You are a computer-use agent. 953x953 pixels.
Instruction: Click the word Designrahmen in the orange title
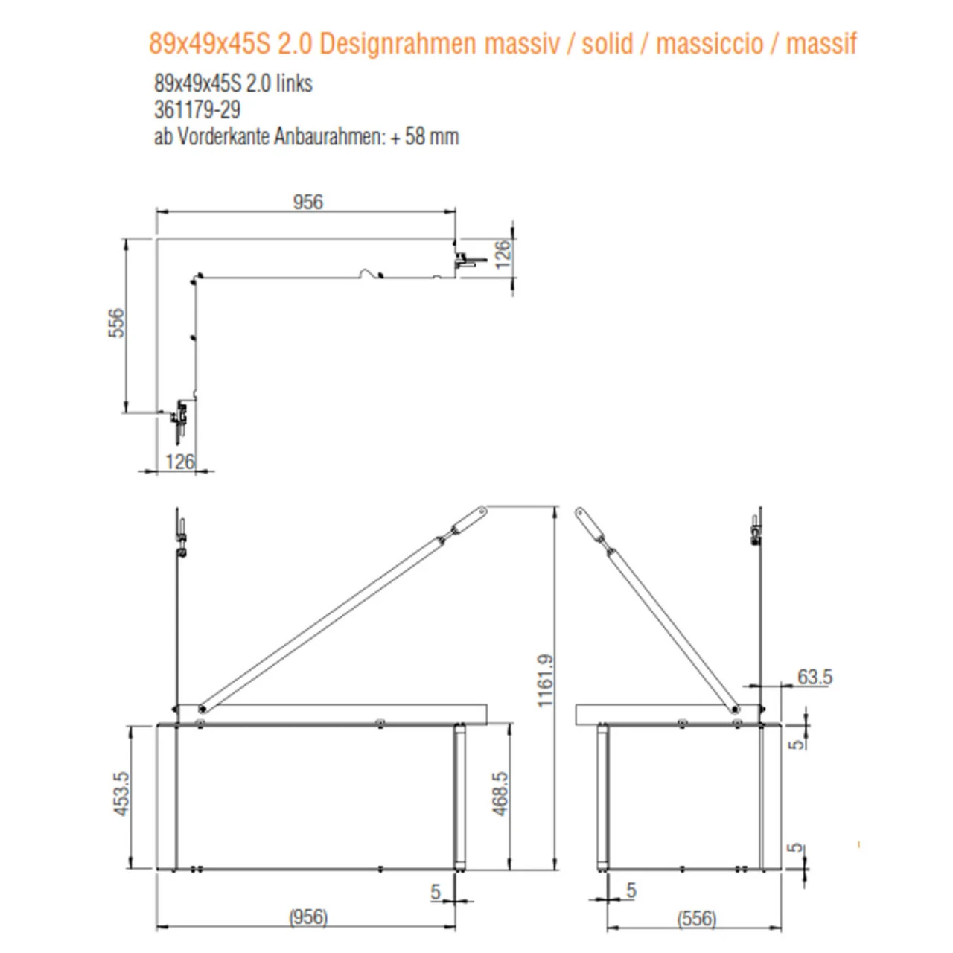[x=398, y=44]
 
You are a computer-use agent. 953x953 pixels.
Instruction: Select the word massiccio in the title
[x=710, y=44]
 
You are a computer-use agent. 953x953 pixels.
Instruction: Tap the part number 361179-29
[x=197, y=110]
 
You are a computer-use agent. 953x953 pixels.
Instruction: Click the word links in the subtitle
[x=293, y=83]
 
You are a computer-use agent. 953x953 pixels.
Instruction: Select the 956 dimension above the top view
[x=307, y=202]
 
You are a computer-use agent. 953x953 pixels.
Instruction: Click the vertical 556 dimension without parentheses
[x=117, y=323]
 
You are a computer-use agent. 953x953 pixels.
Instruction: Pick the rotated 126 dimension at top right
[x=503, y=253]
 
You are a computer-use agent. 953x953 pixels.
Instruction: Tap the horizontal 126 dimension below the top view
[x=179, y=462]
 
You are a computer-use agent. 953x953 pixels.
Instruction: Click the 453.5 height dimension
[x=121, y=793]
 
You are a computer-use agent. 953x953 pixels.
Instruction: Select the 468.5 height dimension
[x=500, y=793]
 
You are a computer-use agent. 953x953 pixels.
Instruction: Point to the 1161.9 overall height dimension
[x=545, y=680]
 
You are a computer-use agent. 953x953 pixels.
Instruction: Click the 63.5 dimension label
[x=815, y=677]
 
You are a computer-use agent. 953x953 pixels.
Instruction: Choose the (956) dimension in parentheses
[x=307, y=917]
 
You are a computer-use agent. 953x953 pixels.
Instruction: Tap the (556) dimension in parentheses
[x=696, y=918]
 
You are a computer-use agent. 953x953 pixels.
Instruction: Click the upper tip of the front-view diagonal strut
[x=482, y=511]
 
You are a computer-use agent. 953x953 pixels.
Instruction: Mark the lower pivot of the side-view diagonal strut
[x=735, y=709]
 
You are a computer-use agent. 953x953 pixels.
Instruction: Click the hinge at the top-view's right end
[x=465, y=261]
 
